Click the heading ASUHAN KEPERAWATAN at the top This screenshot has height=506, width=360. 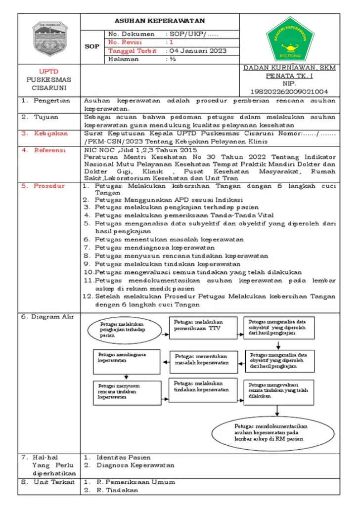click(159, 21)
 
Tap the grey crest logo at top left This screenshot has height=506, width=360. click(48, 39)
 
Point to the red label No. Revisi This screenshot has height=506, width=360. click(125, 42)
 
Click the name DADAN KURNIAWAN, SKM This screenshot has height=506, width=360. click(289, 68)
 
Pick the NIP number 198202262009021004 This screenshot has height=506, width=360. click(289, 91)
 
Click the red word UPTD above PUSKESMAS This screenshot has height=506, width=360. click(48, 71)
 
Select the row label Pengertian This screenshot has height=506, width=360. click(45, 100)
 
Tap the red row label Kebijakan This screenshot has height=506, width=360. click(49, 133)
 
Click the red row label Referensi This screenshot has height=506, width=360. click(49, 150)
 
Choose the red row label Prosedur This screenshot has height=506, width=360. click(49, 186)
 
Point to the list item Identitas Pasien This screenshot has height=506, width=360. click(124, 458)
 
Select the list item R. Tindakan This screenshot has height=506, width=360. click(117, 490)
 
